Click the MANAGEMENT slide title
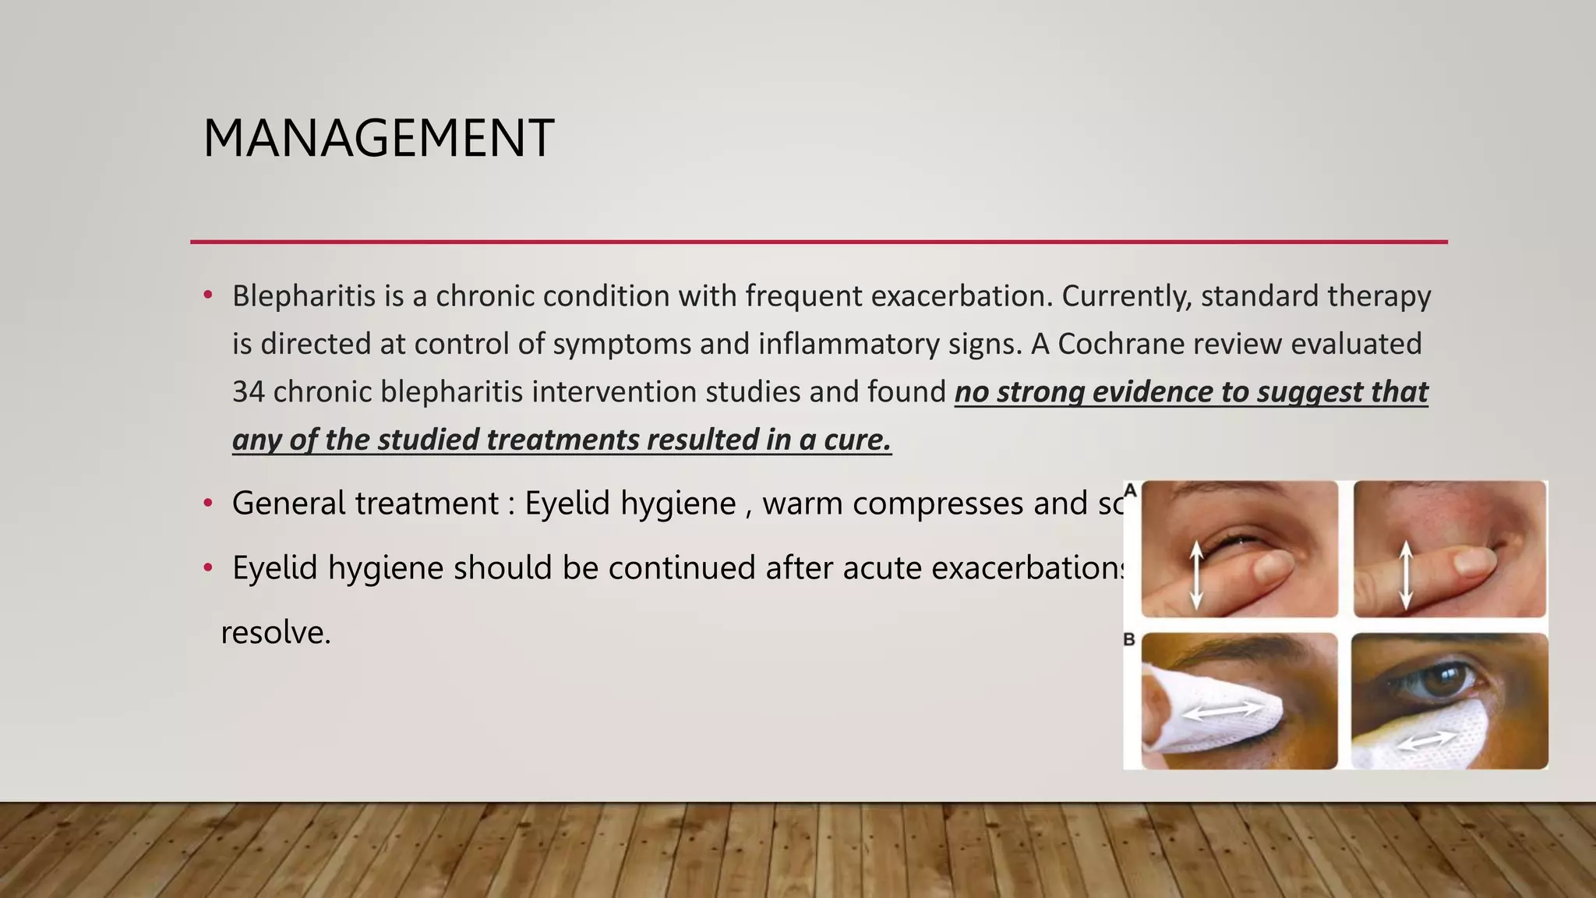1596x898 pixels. coord(378,139)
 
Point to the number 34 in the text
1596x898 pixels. coord(248,391)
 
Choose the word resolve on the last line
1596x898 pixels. coord(276,632)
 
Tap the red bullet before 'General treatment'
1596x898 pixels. coord(208,504)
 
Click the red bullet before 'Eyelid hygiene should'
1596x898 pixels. coord(208,568)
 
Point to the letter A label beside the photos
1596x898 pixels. coord(1130,490)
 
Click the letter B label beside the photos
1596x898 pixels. coord(1129,639)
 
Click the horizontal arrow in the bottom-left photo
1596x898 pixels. coord(1222,710)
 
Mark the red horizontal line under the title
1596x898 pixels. coord(818,242)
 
